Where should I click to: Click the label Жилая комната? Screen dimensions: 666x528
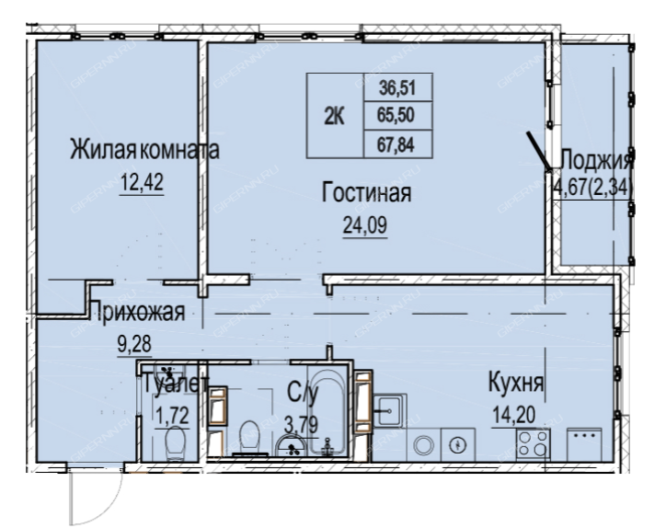pyautogui.click(x=144, y=150)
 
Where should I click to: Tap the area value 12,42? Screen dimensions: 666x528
pyautogui.click(x=142, y=183)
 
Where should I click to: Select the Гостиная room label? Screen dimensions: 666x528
pyautogui.click(x=366, y=192)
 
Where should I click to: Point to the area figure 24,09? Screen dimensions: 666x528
pyautogui.click(x=365, y=225)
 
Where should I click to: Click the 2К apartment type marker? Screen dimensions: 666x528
pyautogui.click(x=335, y=116)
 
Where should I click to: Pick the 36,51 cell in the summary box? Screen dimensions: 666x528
pyautogui.click(x=397, y=88)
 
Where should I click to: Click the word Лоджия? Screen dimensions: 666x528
pyautogui.click(x=597, y=161)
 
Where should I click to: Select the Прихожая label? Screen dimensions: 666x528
pyautogui.click(x=138, y=311)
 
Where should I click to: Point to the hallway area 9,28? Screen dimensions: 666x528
pyautogui.click(x=134, y=344)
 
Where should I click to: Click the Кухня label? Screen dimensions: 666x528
pyautogui.click(x=516, y=383)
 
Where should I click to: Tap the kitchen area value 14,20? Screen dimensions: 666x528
pyautogui.click(x=513, y=415)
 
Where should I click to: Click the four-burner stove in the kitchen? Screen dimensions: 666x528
pyautogui.click(x=534, y=444)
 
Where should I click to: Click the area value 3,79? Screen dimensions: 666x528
pyautogui.click(x=301, y=424)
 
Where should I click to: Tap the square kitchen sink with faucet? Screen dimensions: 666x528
pyautogui.click(x=389, y=410)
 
